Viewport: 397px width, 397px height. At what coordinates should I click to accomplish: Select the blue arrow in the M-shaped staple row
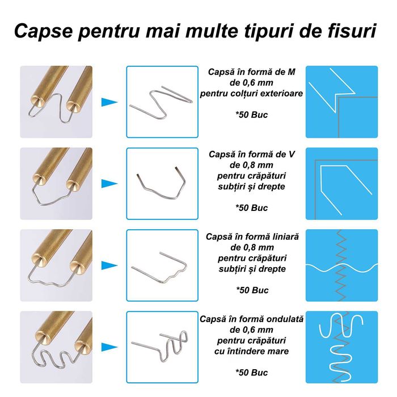(109, 103)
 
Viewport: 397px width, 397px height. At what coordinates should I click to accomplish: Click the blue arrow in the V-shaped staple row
(109, 184)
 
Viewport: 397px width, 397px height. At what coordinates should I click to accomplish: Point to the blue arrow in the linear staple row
(109, 265)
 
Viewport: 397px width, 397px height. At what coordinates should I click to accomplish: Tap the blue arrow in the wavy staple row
(109, 347)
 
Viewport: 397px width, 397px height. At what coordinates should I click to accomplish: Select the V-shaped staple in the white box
(162, 182)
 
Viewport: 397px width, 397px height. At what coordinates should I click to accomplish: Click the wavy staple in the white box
(162, 348)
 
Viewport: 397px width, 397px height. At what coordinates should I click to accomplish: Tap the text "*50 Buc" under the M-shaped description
(252, 115)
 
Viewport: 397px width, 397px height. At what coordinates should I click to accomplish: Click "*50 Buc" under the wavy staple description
(252, 373)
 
